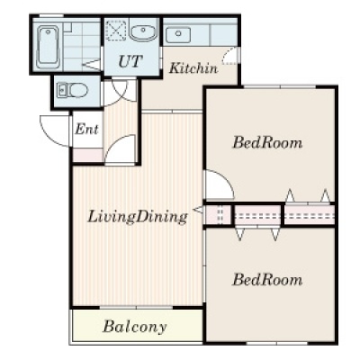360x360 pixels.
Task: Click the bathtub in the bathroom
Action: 48,47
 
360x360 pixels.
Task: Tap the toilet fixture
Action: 72,90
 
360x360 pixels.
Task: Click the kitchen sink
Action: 178,34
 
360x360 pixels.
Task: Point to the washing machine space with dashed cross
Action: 116,30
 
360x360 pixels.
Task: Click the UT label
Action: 130,61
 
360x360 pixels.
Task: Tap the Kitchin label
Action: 193,68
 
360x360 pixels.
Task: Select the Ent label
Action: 86,129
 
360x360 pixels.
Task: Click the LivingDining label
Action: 138,217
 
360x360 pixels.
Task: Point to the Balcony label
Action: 134,326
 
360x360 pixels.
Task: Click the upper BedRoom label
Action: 267,143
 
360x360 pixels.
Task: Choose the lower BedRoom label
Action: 267,280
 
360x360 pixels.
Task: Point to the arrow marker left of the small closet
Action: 198,210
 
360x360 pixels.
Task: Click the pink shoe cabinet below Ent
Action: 88,156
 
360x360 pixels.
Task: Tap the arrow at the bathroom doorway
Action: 92,64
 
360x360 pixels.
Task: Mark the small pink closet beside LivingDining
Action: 218,215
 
